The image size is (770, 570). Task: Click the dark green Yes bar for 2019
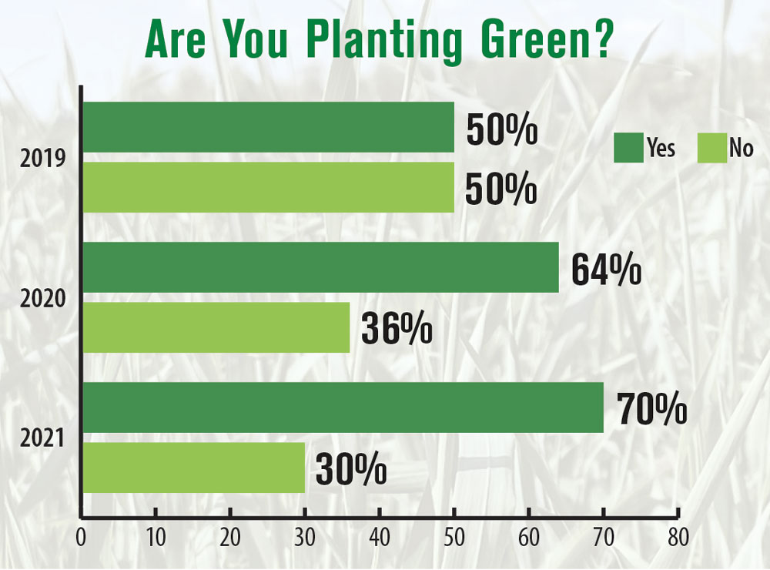coord(268,127)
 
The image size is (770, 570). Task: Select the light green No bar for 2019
coord(268,187)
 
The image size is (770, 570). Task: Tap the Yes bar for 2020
coord(320,267)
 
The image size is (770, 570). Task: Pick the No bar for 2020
coord(216,327)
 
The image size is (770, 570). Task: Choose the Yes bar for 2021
coord(343,407)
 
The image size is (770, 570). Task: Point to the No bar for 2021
coord(193,468)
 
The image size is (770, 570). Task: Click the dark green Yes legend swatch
coord(628,148)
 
